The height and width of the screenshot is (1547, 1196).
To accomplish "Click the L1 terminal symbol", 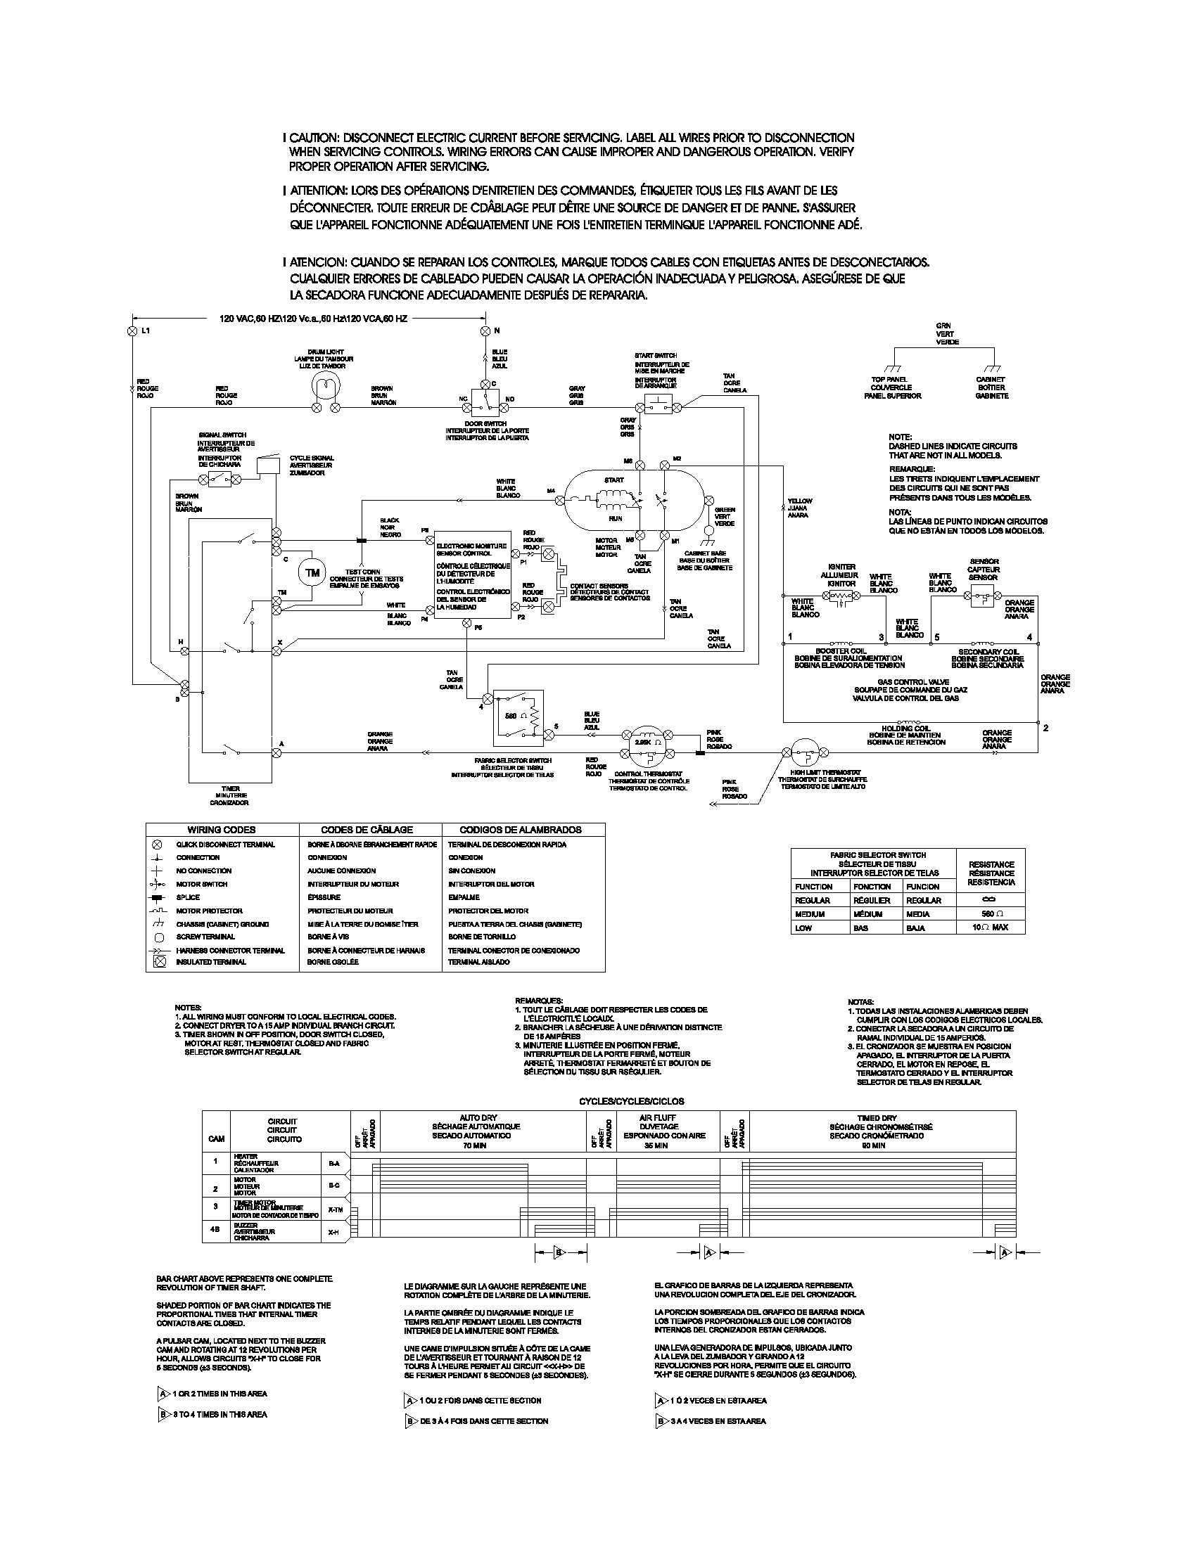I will [x=131, y=331].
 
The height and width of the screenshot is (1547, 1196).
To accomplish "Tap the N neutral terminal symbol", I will [x=485, y=331].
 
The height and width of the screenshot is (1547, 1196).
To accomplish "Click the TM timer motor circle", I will [x=312, y=573].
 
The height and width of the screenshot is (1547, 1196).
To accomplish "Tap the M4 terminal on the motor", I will [x=561, y=500].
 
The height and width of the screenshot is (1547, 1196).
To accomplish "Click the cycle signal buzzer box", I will [x=268, y=466].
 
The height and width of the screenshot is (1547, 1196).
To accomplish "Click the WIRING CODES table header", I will [x=221, y=830].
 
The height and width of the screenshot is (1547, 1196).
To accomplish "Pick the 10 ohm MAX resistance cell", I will [x=990, y=927].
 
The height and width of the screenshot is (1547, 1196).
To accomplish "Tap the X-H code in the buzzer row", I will [x=333, y=1233].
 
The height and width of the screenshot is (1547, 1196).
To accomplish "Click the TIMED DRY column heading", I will [x=877, y=1118].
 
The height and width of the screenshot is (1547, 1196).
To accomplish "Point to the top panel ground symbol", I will [x=896, y=369].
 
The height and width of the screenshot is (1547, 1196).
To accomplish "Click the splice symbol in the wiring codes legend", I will [x=158, y=897].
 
